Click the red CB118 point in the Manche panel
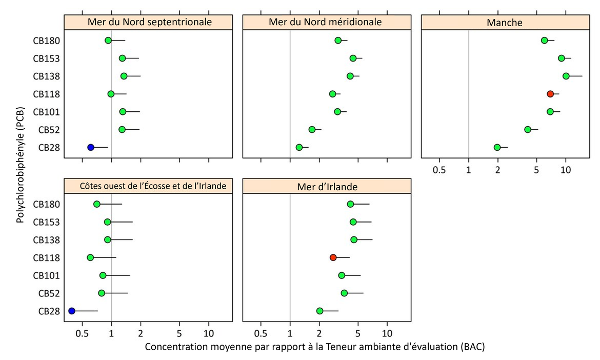[x=550, y=94]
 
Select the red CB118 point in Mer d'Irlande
[x=333, y=257]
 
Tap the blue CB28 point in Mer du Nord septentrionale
[x=91, y=147]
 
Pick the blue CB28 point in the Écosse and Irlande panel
[x=72, y=311]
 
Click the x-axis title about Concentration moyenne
[x=314, y=347]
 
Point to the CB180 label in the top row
[x=47, y=41]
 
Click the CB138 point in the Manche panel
[x=566, y=76]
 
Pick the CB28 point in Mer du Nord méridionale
[x=299, y=147]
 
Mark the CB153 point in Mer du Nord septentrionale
[x=122, y=58]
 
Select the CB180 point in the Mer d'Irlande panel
[x=350, y=204]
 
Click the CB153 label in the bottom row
[x=47, y=222]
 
